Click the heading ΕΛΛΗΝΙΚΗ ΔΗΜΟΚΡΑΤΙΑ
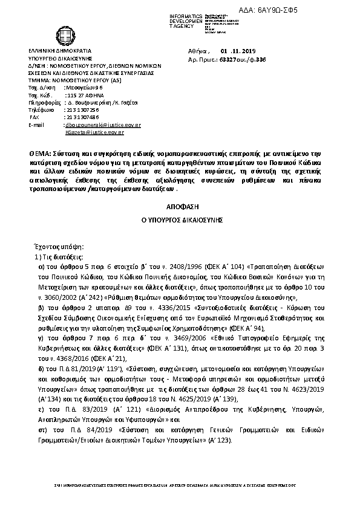(x=59, y=52)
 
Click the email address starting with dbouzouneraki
(x=102, y=125)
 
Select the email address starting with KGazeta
(x=94, y=132)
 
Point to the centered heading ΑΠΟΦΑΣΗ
(x=180, y=206)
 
